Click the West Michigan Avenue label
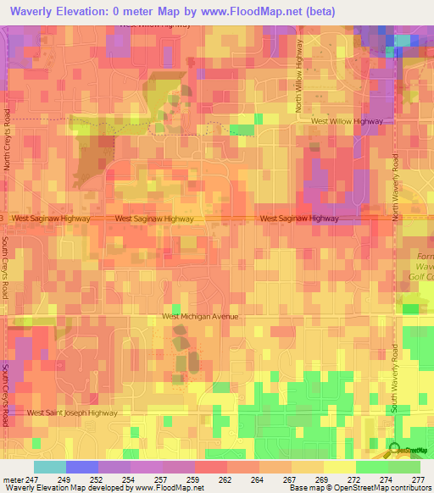click(200, 317)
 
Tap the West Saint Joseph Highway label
click(72, 413)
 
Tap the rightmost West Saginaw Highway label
click(299, 219)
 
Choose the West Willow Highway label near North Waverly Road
click(348, 121)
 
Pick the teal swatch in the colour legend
click(49, 467)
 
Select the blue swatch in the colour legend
click(81, 467)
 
